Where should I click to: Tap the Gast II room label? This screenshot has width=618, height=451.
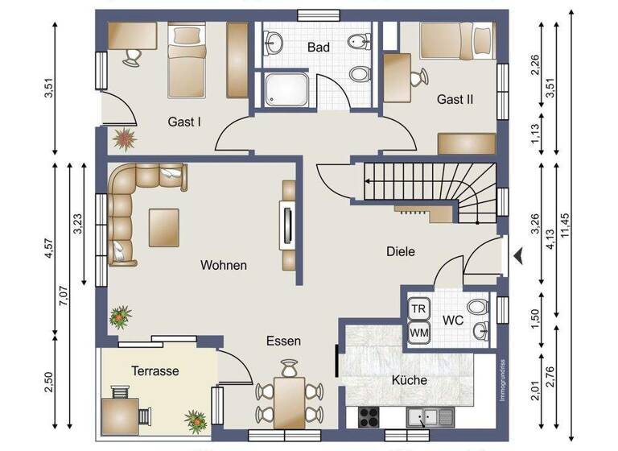[x=455, y=99]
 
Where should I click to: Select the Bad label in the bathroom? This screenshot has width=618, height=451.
[x=319, y=48]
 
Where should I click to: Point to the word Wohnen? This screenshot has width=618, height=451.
[x=224, y=265]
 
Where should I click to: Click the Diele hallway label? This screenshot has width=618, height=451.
[x=400, y=251]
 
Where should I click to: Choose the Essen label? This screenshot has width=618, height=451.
[x=283, y=341]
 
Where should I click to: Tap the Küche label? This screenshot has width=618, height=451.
[x=410, y=380]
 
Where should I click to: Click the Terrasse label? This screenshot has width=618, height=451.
[x=154, y=370]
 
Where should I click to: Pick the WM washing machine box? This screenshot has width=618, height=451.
[x=418, y=332]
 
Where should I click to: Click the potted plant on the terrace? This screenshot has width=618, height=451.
[x=195, y=420]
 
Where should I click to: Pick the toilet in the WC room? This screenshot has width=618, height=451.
[x=478, y=307]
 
